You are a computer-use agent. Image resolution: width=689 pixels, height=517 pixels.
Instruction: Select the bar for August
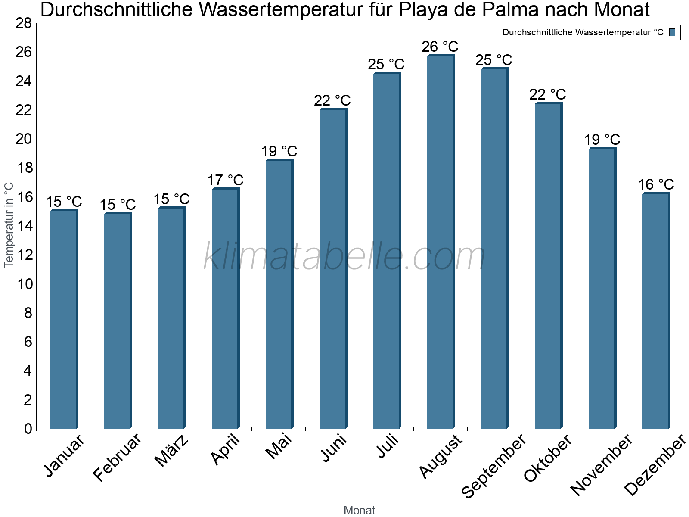tap(440, 241)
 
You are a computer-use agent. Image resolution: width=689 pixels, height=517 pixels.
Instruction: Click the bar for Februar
tap(117, 321)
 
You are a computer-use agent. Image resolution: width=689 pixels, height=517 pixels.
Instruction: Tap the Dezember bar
tap(655, 310)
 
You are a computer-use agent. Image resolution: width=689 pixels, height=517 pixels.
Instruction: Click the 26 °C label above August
tap(440, 47)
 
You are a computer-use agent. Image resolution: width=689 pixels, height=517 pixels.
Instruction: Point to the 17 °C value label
tap(225, 180)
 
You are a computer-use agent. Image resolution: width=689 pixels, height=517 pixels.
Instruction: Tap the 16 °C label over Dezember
tap(655, 185)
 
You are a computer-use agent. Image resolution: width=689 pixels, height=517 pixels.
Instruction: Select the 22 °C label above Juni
tap(332, 100)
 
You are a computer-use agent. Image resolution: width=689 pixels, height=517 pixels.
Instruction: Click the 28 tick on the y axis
tap(24, 23)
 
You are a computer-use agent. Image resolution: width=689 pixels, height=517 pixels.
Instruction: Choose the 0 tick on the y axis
tap(28, 429)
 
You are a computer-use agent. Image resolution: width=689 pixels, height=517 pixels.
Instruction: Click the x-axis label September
tap(493, 465)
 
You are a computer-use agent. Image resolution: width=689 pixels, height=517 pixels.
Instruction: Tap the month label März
tap(171, 451)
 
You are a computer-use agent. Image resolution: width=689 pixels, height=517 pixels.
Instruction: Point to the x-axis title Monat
tap(359, 510)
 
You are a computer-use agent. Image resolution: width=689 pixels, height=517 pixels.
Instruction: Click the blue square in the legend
tap(672, 32)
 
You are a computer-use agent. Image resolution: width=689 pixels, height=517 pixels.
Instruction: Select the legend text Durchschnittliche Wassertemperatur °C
tap(583, 32)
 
